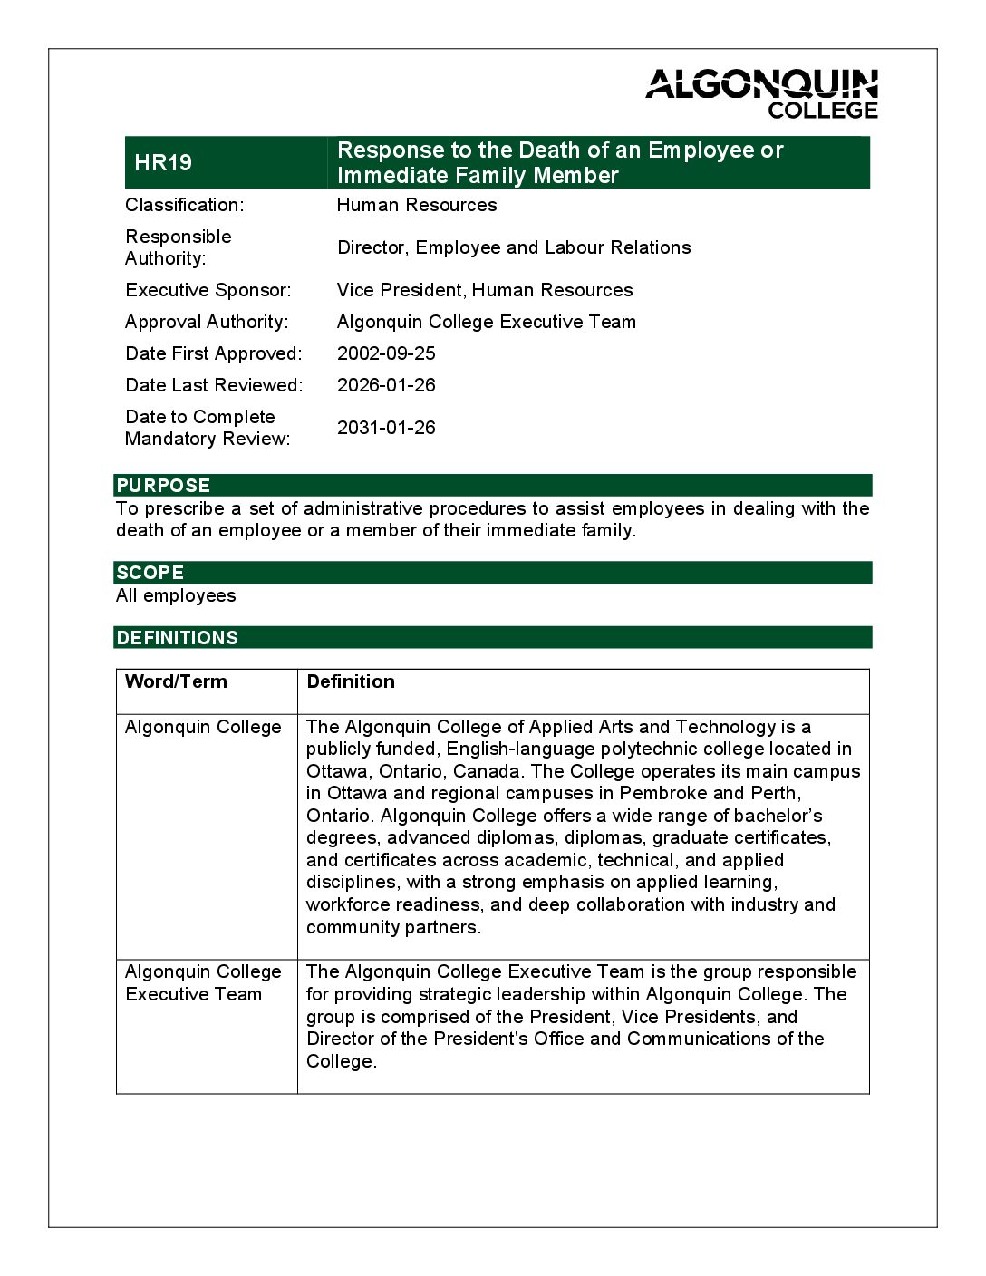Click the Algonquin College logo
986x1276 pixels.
[x=761, y=93]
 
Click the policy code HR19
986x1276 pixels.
[x=163, y=163]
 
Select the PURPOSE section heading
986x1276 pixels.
[x=163, y=486]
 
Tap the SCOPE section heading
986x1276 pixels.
[x=150, y=573]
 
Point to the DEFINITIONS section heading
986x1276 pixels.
[x=177, y=638]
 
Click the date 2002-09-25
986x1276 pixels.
[x=386, y=353]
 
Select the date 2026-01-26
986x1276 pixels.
[x=386, y=385]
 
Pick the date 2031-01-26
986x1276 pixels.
[x=386, y=428]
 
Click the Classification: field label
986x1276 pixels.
[x=184, y=205]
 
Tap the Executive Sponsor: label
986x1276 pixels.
[x=208, y=290]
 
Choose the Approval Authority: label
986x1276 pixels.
[x=207, y=322]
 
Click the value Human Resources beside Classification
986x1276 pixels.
[x=417, y=205]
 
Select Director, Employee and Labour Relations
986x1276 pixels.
[x=514, y=247]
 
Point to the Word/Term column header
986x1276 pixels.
[x=176, y=681]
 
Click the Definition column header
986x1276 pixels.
[x=351, y=681]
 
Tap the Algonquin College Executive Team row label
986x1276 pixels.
[x=203, y=982]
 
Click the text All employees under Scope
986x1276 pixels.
[x=176, y=595]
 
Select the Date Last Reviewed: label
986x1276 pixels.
[x=214, y=385]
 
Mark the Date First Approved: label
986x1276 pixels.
[x=214, y=353]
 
